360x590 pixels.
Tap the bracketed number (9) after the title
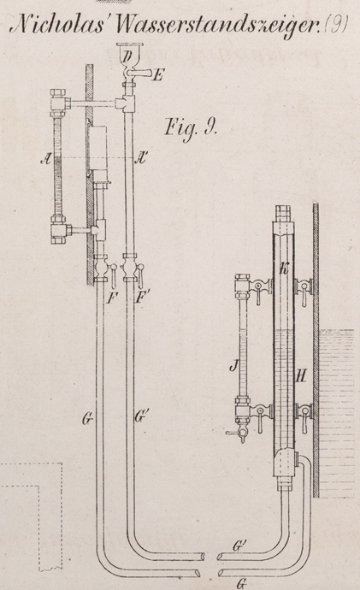[x=336, y=25]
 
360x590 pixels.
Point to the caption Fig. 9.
[x=191, y=129]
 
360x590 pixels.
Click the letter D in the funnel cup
[x=128, y=56]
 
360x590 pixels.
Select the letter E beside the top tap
[x=158, y=76]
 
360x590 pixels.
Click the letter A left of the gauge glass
[x=46, y=160]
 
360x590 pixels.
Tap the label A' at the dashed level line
[x=140, y=159]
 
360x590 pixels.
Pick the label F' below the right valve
[x=141, y=298]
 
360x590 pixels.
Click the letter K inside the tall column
[x=285, y=268]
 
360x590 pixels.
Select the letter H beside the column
[x=300, y=375]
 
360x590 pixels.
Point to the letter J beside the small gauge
[x=234, y=366]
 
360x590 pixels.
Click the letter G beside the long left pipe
[x=87, y=418]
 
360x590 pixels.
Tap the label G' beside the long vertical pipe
[x=140, y=417]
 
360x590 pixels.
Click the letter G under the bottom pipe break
[x=241, y=584]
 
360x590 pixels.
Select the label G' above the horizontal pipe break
[x=238, y=546]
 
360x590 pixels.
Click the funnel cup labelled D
[x=128, y=55]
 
